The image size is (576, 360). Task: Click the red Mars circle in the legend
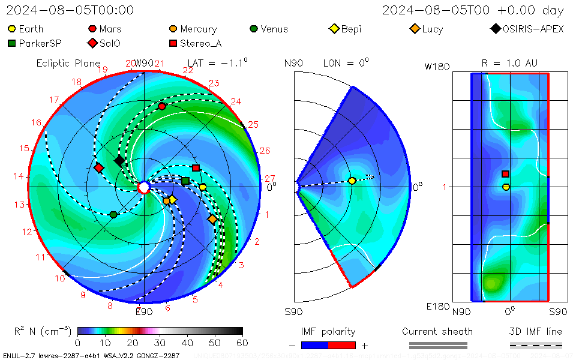point(92,29)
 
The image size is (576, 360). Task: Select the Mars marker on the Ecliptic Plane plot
point(162,106)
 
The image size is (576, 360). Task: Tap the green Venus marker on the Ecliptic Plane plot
point(113,214)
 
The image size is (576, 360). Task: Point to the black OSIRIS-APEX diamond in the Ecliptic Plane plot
point(119,160)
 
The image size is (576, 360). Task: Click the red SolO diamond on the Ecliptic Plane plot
point(99,167)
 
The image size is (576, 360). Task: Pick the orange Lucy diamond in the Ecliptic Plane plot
point(212,220)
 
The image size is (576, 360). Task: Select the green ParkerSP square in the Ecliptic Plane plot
point(185,181)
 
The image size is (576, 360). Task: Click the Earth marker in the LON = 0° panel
point(352,181)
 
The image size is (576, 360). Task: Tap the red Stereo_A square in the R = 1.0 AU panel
point(505,174)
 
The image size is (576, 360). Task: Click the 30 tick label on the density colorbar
point(160,343)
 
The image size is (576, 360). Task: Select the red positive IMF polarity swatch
point(342,345)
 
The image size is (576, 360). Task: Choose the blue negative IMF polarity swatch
point(314,345)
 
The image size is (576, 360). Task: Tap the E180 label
point(437,307)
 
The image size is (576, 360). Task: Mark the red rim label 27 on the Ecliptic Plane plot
point(270,178)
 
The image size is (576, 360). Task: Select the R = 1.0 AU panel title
point(509,63)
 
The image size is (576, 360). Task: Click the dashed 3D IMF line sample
point(536,345)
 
